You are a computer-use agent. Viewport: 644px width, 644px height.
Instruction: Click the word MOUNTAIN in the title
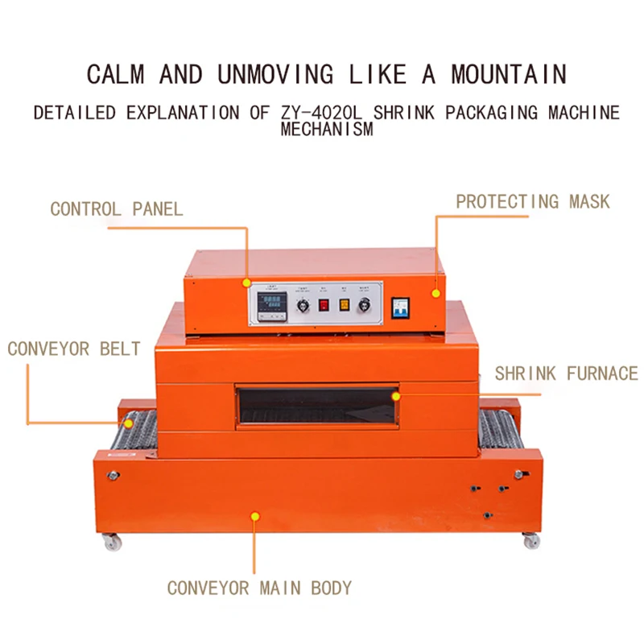508,75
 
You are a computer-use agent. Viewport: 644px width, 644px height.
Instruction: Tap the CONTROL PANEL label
116,209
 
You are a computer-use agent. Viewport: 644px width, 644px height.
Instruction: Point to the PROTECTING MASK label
533,201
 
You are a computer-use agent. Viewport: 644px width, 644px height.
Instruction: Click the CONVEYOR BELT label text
74,349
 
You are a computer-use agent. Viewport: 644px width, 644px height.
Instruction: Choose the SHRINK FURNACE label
566,374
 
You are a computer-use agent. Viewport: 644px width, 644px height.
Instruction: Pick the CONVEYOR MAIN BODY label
259,588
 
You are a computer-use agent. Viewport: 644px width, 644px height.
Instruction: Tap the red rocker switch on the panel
324,305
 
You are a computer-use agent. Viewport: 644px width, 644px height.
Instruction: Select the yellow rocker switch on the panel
344,305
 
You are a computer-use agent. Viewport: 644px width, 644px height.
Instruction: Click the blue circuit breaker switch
400,306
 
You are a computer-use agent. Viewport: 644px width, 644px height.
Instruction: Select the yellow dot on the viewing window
394,395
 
